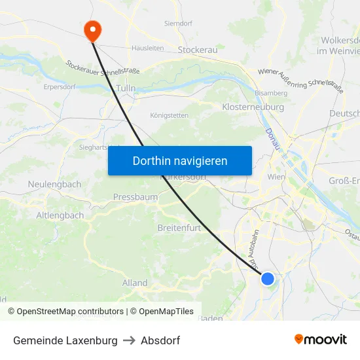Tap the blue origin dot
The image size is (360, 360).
click(x=268, y=279)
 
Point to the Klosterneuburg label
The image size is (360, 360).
click(x=253, y=107)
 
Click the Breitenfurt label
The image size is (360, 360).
click(x=179, y=228)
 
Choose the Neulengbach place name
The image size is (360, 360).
click(x=54, y=185)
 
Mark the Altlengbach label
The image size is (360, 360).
click(x=60, y=215)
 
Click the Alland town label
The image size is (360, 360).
click(x=135, y=283)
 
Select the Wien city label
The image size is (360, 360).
click(x=277, y=177)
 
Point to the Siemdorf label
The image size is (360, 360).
click(x=177, y=24)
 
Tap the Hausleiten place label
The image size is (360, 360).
click(x=147, y=48)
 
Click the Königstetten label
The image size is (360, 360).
click(x=169, y=115)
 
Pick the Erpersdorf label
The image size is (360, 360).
click(x=60, y=86)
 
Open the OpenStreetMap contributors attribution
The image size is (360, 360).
click(x=70, y=312)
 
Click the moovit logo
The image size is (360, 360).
click(x=321, y=339)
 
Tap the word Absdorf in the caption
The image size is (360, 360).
click(x=160, y=340)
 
